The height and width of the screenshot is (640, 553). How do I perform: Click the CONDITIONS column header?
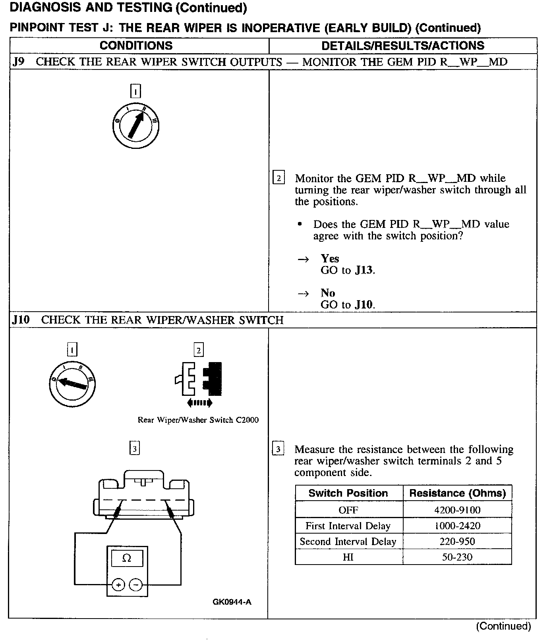pos(136,46)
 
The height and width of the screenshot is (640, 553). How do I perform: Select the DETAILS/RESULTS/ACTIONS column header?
pos(402,46)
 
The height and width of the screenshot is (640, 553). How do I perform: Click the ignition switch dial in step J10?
pos(72,384)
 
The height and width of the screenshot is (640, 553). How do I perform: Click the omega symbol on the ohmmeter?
pos(127,558)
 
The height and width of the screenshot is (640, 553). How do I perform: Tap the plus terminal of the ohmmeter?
pos(118,585)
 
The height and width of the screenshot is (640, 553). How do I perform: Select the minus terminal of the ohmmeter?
pos(135,585)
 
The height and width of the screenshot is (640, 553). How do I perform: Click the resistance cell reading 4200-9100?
pos(457,510)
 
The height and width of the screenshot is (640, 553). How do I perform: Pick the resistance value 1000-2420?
pos(457,526)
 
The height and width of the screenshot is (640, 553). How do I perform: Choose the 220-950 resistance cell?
pos(457,541)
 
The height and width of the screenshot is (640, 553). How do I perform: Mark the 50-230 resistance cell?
pos(457,557)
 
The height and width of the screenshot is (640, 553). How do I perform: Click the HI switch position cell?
pos(348,557)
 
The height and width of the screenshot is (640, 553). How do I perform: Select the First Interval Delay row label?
pos(348,526)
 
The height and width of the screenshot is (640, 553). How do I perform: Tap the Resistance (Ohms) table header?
pos(457,493)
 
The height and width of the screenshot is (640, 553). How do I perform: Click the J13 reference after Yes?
pos(364,270)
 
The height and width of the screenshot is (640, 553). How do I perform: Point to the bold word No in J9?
pos(328,293)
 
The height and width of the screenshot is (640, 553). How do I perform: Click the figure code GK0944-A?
pos(232,602)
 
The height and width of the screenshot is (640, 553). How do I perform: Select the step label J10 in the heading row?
pos(21,320)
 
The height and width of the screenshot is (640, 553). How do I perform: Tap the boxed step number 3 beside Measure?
pos(278,449)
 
